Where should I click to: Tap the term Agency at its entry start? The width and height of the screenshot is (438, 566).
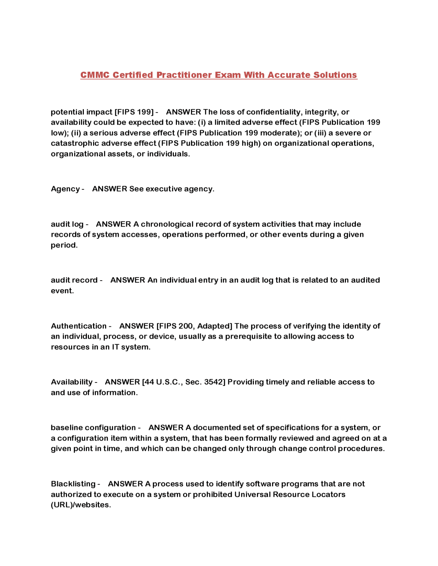(65, 189)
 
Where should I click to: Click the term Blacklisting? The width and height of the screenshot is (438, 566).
(73, 484)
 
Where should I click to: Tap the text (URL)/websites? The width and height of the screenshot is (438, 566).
(81, 505)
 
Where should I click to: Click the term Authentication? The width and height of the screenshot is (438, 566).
(79, 326)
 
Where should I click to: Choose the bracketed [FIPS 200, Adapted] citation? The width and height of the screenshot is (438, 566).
(194, 326)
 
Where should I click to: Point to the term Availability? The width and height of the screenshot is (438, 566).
(72, 382)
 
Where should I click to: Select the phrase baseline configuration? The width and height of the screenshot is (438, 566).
(93, 428)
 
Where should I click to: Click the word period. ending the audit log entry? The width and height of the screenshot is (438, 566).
(64, 245)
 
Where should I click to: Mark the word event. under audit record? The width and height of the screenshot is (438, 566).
(62, 291)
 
